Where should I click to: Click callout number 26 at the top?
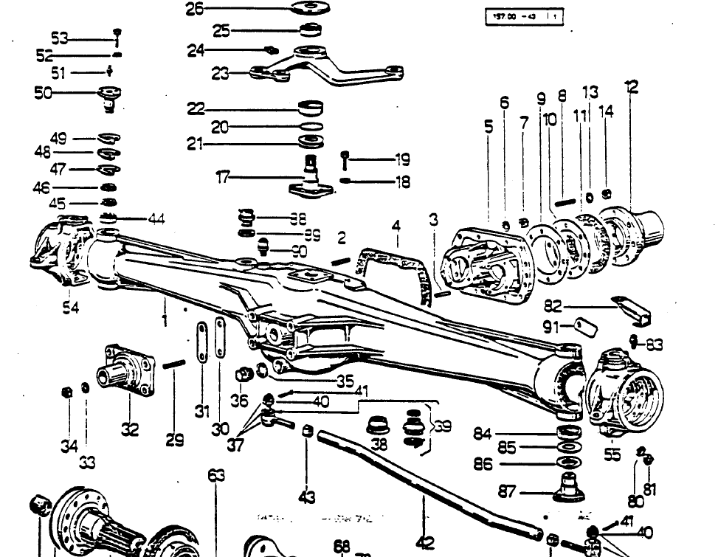click(x=194, y=9)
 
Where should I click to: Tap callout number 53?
click(x=59, y=38)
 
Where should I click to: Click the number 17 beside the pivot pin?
click(x=223, y=177)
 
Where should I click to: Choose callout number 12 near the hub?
click(x=631, y=87)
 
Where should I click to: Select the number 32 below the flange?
click(x=130, y=428)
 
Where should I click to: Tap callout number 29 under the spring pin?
click(x=175, y=440)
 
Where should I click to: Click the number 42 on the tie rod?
click(x=425, y=542)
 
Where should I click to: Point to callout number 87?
click(x=507, y=492)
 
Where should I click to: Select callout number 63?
click(x=216, y=476)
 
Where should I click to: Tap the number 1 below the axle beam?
click(x=165, y=320)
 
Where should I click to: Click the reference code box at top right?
click(x=524, y=16)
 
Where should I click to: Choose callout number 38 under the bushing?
click(x=379, y=444)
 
